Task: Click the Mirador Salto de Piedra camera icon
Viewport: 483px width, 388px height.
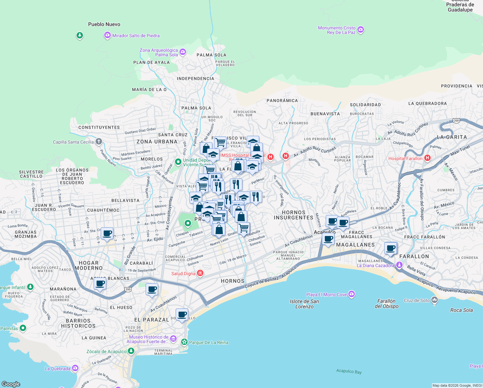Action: point(108,36)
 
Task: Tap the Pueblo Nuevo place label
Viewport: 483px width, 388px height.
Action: point(104,24)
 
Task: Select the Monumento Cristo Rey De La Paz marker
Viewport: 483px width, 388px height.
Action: point(361,30)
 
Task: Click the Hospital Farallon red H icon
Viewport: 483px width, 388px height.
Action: point(427,158)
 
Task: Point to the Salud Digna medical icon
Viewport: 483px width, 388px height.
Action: point(200,274)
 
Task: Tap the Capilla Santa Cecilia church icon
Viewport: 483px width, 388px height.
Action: point(99,142)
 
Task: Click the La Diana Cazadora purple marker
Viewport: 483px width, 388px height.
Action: point(399,265)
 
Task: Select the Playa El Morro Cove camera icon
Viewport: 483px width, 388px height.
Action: point(352,294)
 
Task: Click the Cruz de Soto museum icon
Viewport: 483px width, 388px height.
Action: point(435,300)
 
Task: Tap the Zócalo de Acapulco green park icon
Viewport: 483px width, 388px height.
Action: point(131,351)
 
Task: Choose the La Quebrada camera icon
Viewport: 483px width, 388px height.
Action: point(75,368)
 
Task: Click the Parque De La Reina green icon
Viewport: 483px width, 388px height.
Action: point(184,342)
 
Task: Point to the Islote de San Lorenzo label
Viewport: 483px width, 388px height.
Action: point(304,304)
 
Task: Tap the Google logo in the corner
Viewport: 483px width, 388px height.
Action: point(11,384)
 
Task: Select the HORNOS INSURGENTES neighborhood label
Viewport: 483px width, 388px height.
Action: point(293,215)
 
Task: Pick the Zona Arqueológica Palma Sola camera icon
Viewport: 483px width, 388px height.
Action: point(183,52)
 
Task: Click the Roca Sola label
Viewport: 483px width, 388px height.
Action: point(461,310)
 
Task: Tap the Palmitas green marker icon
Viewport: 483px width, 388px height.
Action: point(23,328)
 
